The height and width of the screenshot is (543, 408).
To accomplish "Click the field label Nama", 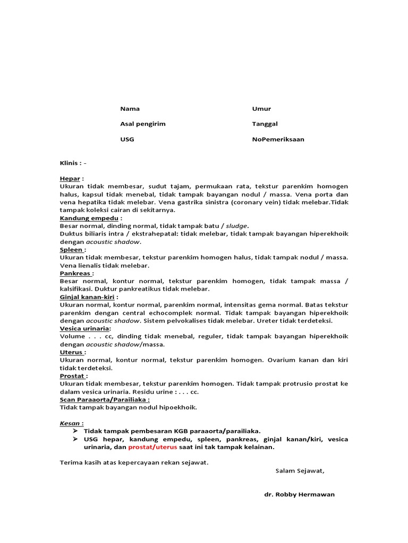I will coord(130,109).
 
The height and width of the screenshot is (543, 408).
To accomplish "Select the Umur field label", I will coord(261,109).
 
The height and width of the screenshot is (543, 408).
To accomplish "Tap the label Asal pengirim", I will coord(143,124).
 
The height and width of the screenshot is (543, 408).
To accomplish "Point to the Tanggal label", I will coord(265,124).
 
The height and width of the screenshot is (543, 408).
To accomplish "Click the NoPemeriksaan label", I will coord(278,139).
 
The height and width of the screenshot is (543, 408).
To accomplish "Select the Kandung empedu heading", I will coord(88,217).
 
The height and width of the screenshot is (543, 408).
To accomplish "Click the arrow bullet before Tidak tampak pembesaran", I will coord(75,431).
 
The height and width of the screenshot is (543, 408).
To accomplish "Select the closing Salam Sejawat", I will coord(300,470).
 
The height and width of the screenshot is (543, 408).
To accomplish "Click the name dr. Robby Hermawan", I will coord(300,494).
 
